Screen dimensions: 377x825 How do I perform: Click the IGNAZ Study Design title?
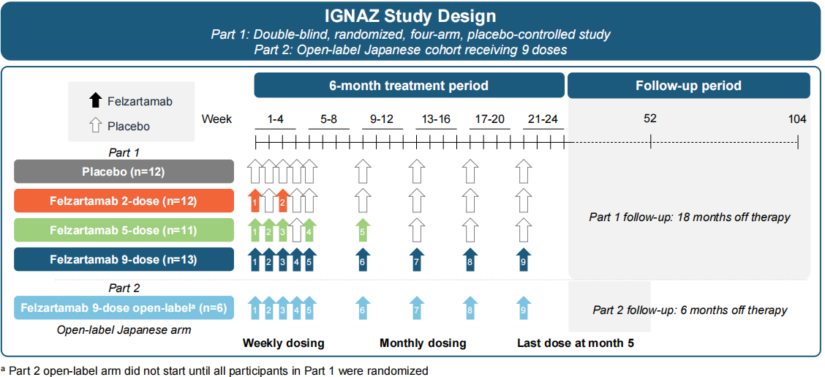[411, 15]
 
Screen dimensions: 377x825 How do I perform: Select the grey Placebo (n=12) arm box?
[124, 171]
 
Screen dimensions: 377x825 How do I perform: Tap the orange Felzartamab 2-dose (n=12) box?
[124, 201]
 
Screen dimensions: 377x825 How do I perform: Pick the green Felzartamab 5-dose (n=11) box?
[124, 230]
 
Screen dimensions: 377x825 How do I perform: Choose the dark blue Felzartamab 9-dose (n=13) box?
[124, 259]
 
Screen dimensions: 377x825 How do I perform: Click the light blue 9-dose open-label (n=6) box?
[124, 309]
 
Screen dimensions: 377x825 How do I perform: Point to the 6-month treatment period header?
[408, 86]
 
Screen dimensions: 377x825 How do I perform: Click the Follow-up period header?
[688, 86]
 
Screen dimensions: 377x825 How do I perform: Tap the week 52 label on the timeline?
[650, 119]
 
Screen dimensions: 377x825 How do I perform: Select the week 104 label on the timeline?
[797, 119]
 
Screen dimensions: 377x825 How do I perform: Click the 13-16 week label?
[437, 119]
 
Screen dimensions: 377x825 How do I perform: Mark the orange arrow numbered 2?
[282, 200]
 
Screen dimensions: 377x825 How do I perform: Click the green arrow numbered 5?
[362, 230]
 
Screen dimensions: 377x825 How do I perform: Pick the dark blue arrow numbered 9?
[522, 260]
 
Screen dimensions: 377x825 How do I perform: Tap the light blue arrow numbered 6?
[362, 310]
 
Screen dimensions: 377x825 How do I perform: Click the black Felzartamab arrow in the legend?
[94, 101]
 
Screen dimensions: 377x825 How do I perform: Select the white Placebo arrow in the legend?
[94, 126]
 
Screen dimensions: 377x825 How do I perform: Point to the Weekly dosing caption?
[283, 343]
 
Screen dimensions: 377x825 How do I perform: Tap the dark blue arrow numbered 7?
[416, 260]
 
